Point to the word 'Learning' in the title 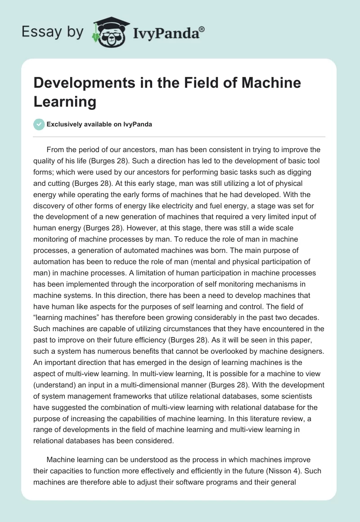click(x=65, y=101)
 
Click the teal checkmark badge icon click(x=39, y=124)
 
